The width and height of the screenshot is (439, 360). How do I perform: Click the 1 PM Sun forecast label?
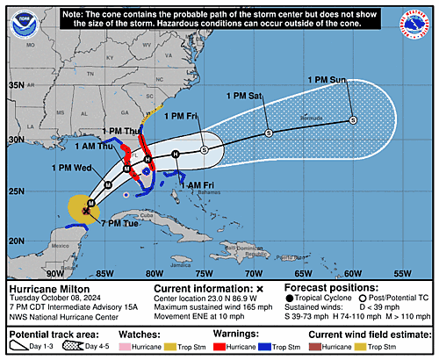[327, 80]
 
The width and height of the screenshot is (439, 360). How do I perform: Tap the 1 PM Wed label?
[69, 167]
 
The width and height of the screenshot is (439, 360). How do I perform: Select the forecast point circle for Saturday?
[269, 133]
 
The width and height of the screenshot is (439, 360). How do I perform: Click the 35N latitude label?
[16, 85]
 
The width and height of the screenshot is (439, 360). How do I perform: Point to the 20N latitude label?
[16, 240]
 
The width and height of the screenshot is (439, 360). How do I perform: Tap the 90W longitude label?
[54, 273]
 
